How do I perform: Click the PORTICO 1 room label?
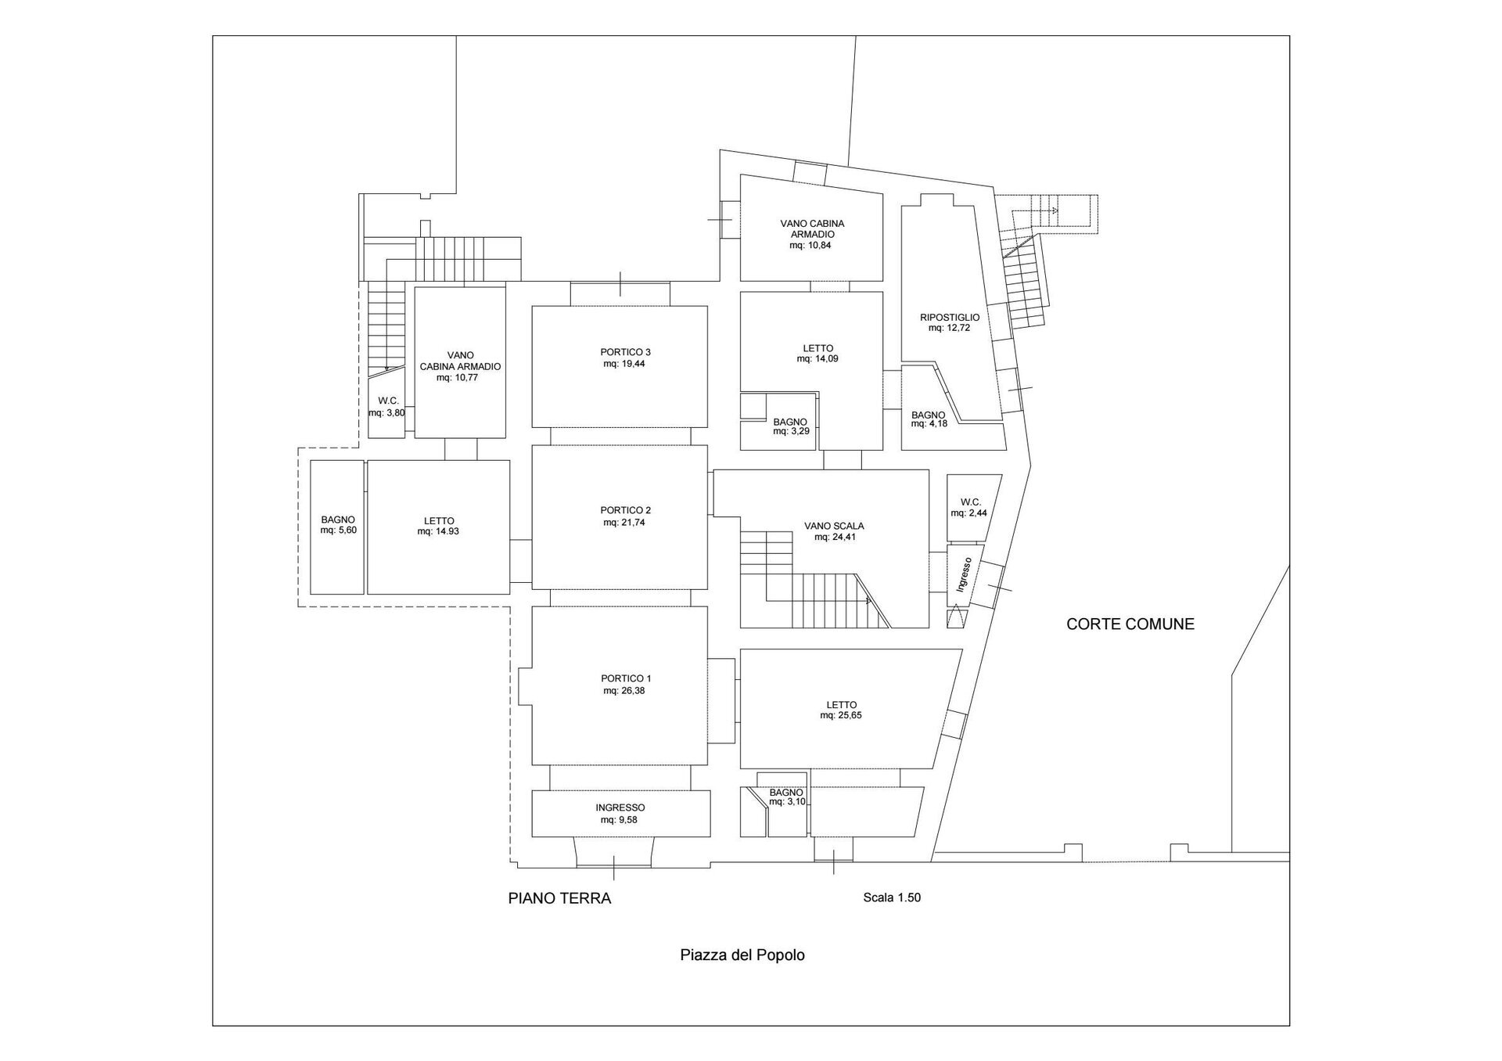[626, 678]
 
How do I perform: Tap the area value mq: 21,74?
[623, 523]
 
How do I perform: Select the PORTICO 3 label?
[626, 352]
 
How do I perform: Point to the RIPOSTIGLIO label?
[950, 317]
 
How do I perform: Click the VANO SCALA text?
[834, 527]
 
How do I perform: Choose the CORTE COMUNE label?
[1130, 624]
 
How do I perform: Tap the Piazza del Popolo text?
[742, 955]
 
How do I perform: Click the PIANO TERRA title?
[559, 898]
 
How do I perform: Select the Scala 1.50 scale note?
[892, 897]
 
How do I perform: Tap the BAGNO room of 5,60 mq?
[337, 527]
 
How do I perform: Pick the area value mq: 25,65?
[841, 715]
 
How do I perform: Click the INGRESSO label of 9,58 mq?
[620, 807]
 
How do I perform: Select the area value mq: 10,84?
[811, 245]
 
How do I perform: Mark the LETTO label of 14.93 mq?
[439, 521]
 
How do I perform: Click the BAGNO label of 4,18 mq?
[928, 415]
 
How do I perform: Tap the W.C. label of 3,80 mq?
[389, 401]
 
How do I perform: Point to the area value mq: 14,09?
[817, 359]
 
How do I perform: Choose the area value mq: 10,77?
[457, 377]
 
